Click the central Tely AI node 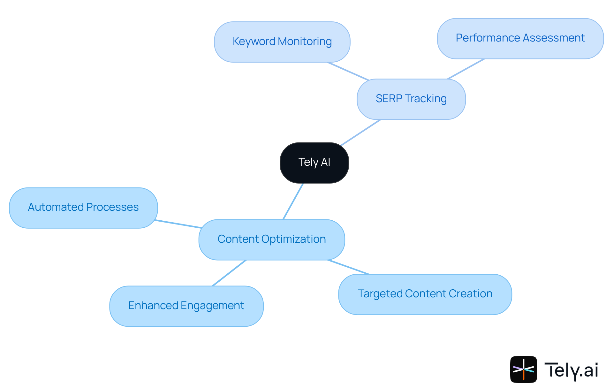point(314,163)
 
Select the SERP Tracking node point(411,99)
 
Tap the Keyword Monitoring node point(282,42)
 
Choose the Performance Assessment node point(520,38)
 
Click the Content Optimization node point(271,240)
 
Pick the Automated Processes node point(83,208)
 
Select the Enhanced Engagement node point(186,306)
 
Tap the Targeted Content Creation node point(425,294)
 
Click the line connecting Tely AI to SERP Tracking point(361,133)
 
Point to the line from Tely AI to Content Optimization point(293,201)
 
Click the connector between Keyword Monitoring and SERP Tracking point(348,71)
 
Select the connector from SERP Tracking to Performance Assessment point(466,69)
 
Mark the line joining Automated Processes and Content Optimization point(178,224)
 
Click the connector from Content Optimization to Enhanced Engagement point(229,273)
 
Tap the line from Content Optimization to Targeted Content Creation point(349,267)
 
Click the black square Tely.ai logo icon point(523,369)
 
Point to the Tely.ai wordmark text point(571,370)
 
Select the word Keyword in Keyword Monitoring point(254,42)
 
